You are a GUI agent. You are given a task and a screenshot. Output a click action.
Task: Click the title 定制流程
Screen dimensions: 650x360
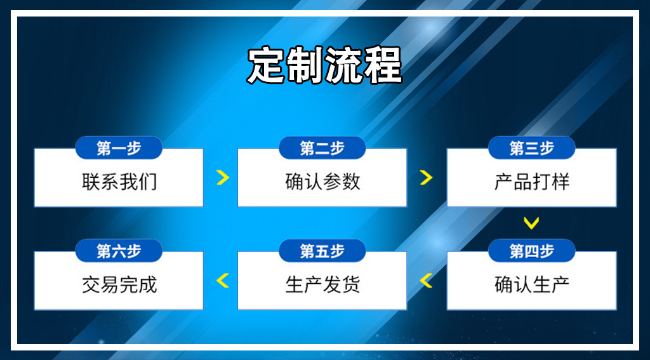point(324,65)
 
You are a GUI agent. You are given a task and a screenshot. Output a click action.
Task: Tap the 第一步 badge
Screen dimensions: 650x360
point(119,148)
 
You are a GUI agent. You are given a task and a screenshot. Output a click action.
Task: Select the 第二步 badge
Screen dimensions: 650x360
point(322,148)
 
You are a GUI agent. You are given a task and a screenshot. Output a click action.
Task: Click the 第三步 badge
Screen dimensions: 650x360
point(531,148)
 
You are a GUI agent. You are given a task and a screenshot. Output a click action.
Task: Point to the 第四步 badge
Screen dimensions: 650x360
point(531,251)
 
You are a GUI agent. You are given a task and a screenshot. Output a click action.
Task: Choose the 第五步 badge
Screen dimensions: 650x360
point(322,251)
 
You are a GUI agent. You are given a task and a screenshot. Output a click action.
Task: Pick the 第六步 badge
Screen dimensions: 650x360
point(119,251)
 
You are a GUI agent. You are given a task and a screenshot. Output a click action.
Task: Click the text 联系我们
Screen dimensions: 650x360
point(119,182)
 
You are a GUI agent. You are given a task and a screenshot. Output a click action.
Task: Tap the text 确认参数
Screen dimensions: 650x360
point(323,182)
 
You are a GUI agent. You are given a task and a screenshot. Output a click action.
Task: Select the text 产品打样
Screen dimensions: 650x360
point(533,182)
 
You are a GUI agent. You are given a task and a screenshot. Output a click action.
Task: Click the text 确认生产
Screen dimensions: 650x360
point(533,285)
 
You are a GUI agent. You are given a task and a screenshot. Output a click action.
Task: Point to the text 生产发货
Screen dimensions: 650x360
point(323,285)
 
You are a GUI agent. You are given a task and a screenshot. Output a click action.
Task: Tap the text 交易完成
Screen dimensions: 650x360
point(119,285)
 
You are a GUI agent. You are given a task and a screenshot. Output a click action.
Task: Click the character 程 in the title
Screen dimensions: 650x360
point(383,65)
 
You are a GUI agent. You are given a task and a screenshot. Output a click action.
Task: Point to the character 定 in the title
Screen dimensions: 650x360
point(266,65)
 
